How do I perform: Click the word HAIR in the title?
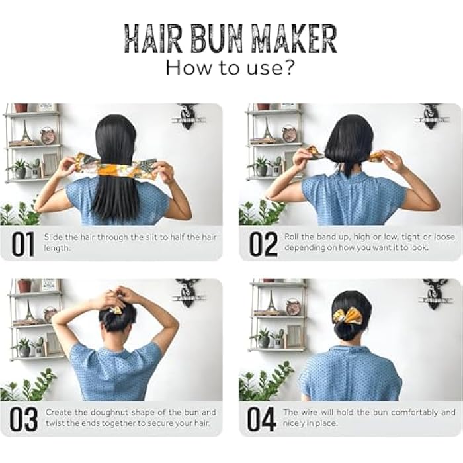click(x=153, y=40)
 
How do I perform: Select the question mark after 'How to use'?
click(x=288, y=67)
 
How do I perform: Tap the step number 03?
click(x=22, y=419)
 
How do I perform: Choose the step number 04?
click(x=263, y=419)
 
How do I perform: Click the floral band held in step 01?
click(x=116, y=167)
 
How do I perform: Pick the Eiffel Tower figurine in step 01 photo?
click(x=26, y=132)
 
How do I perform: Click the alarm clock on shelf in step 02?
click(x=289, y=134)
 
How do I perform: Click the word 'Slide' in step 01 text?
click(x=54, y=237)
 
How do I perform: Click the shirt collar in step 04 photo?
click(x=349, y=349)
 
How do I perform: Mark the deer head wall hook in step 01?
click(x=189, y=115)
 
